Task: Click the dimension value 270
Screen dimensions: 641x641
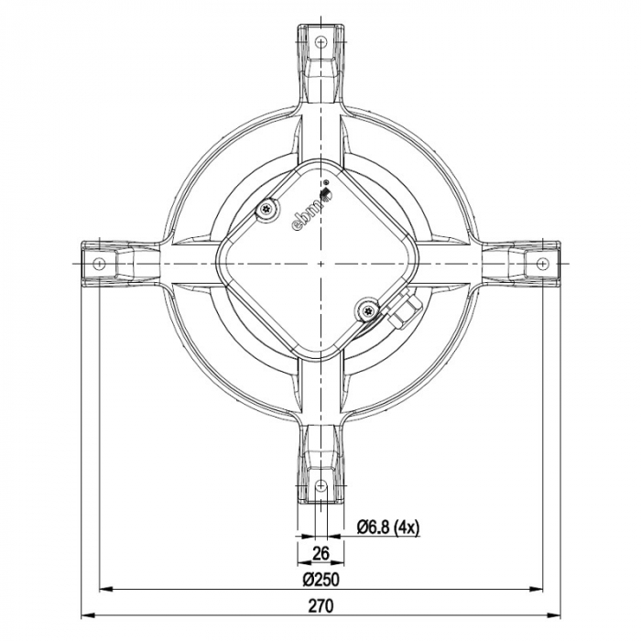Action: [x=320, y=605]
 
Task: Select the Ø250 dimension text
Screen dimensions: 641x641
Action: [x=320, y=579]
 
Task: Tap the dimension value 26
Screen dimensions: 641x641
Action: [x=320, y=553]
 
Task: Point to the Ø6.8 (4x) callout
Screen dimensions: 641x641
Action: [x=387, y=527]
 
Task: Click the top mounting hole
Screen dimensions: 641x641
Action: [x=320, y=40]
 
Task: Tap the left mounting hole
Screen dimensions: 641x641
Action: [x=98, y=263]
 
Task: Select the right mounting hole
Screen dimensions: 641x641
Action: [x=542, y=263]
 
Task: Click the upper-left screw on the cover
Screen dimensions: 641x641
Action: [x=266, y=210]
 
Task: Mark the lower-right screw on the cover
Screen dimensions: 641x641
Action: [x=368, y=311]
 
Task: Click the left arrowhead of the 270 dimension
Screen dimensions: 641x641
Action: [x=88, y=614]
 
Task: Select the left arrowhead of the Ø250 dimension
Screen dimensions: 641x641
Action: [x=103, y=589]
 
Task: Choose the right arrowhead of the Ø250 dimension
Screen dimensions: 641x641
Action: [x=538, y=589]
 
